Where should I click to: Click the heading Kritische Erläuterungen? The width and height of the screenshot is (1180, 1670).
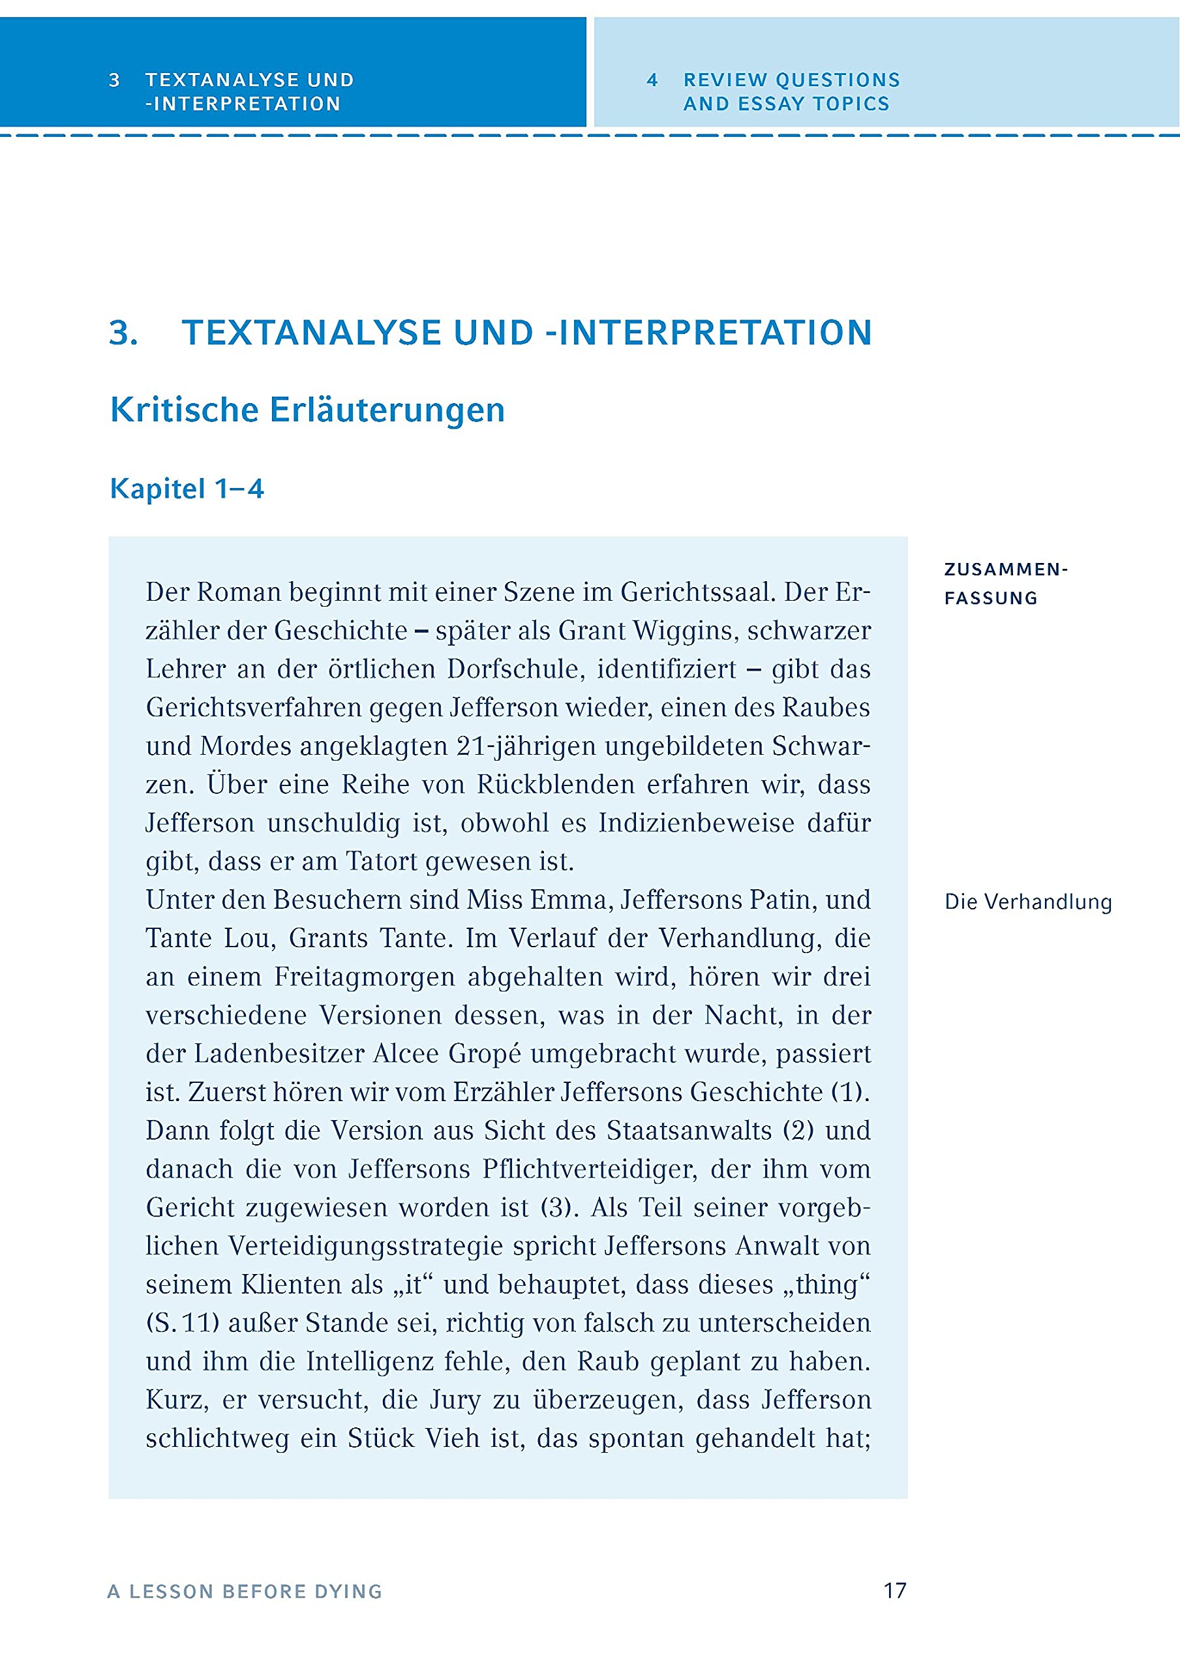(x=307, y=410)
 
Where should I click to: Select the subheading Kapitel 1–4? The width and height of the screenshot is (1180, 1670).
(x=187, y=488)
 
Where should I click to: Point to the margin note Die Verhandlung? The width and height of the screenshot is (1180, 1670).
(x=1028, y=902)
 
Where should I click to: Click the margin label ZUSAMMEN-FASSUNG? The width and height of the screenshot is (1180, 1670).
(x=1005, y=583)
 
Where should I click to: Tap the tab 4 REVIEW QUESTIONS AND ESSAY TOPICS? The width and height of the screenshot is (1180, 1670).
(x=791, y=91)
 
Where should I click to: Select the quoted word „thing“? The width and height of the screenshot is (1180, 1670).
(x=827, y=1284)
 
